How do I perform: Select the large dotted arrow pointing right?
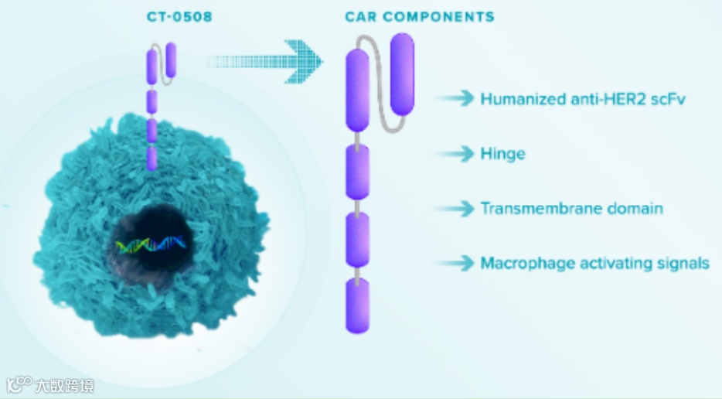pyautogui.click(x=267, y=61)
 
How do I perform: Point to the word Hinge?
pyautogui.click(x=502, y=154)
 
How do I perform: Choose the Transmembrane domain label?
pyautogui.click(x=571, y=209)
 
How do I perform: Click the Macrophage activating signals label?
pyautogui.click(x=594, y=264)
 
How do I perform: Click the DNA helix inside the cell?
pyautogui.click(x=152, y=244)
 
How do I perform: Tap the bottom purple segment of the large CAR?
pyautogui.click(x=357, y=306)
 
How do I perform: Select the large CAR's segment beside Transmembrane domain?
pyautogui.click(x=357, y=240)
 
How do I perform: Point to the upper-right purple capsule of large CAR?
pyautogui.click(x=402, y=73)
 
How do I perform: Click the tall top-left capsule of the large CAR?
pyautogui.click(x=356, y=90)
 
